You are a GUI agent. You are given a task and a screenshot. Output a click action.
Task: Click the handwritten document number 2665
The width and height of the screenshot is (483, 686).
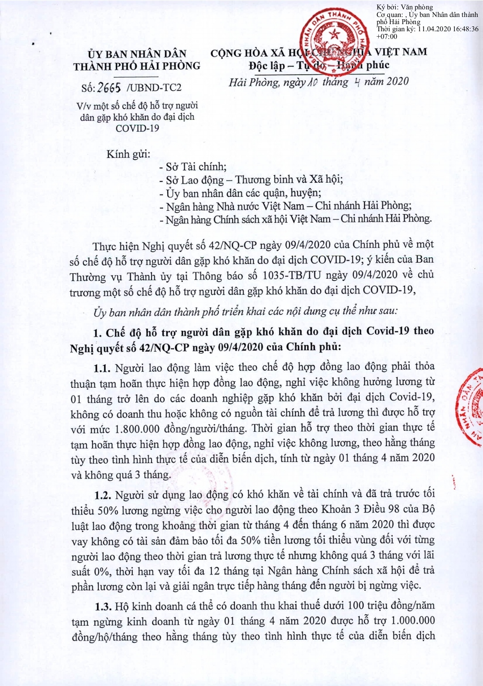tap(109, 87)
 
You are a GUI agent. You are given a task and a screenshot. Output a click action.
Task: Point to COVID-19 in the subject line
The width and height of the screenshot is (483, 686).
tap(137, 128)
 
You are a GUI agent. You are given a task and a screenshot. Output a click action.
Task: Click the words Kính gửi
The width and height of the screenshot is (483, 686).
tap(128, 154)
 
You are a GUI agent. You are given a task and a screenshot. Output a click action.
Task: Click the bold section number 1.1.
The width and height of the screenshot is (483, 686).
tap(102, 368)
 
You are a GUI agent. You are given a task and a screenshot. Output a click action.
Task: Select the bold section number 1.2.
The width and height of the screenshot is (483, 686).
tap(102, 495)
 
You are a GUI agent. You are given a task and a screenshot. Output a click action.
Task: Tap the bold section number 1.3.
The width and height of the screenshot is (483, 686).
tap(103, 607)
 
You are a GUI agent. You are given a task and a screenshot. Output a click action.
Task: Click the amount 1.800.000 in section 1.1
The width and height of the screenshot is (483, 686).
tap(137, 429)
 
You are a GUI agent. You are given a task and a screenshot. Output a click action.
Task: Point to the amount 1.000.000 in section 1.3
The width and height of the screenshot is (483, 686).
tap(412, 621)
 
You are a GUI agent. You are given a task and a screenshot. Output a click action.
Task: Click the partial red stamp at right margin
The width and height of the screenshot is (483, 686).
tap(472, 406)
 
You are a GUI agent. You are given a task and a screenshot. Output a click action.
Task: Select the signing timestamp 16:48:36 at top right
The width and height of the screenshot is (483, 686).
tap(465, 29)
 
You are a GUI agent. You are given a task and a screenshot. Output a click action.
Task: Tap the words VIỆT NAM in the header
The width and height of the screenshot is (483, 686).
tap(401, 52)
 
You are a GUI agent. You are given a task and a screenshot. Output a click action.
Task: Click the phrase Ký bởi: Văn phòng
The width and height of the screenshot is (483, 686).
tap(404, 7)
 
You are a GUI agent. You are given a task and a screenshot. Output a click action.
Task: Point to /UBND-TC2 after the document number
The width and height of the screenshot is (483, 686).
tap(154, 88)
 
